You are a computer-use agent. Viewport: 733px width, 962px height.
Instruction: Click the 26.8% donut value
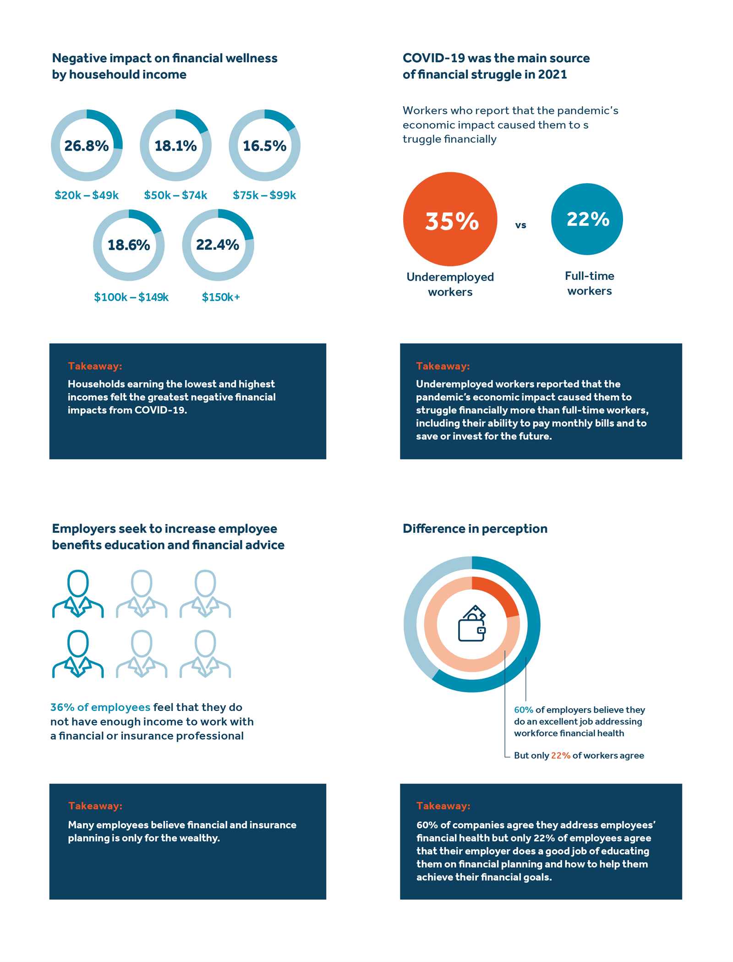86,146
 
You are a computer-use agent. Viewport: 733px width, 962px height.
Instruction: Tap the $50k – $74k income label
175,195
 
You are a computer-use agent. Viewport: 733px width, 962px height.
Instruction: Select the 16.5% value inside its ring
264,146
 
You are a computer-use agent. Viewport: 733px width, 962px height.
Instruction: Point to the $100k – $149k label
131,297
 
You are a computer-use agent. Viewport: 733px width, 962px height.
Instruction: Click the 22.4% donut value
218,245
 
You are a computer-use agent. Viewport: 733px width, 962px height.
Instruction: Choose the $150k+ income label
221,297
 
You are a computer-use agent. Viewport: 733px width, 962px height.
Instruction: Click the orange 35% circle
450,219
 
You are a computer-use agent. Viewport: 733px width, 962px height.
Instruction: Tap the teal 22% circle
587,219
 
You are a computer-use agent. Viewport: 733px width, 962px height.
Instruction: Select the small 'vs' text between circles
520,225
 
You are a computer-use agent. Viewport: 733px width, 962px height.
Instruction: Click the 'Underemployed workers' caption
450,284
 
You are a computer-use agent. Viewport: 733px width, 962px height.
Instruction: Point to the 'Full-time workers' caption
589,283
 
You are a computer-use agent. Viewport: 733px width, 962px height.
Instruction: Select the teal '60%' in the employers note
523,710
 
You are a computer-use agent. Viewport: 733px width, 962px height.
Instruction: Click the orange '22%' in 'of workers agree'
560,755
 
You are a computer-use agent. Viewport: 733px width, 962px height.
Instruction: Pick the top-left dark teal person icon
78,594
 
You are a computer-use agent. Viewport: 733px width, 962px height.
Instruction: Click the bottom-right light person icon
205,654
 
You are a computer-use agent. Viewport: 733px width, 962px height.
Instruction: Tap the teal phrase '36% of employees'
100,707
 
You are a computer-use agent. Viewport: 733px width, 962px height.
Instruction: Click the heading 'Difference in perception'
475,529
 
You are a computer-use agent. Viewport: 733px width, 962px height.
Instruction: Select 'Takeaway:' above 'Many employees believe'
95,806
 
